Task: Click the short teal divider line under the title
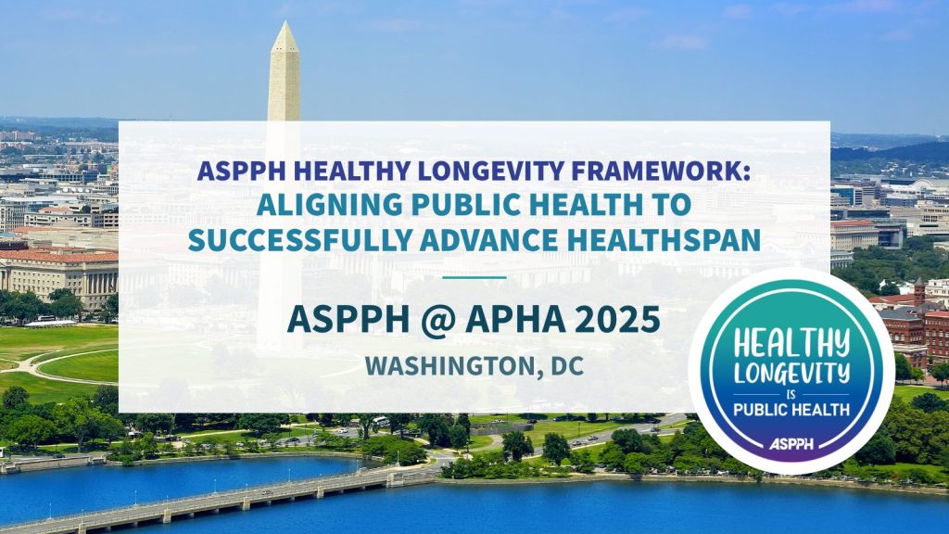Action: tap(474, 276)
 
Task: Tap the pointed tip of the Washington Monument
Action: tap(284, 25)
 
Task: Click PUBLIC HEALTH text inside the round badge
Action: tap(791, 412)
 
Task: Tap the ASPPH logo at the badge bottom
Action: tap(791, 445)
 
